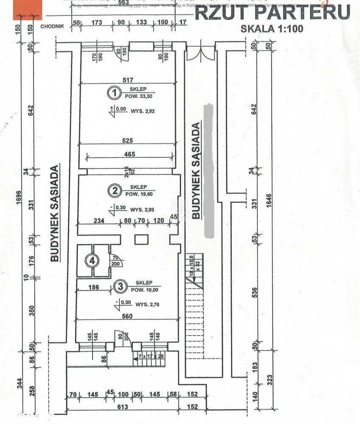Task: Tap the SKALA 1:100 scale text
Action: (272, 29)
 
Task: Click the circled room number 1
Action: (113, 92)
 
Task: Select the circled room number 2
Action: (113, 191)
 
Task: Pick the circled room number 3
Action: (120, 287)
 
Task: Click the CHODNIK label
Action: (52, 26)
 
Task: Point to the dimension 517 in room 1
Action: (128, 80)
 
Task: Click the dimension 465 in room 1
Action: (130, 154)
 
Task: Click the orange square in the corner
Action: (28, 10)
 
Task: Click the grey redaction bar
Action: (208, 170)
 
